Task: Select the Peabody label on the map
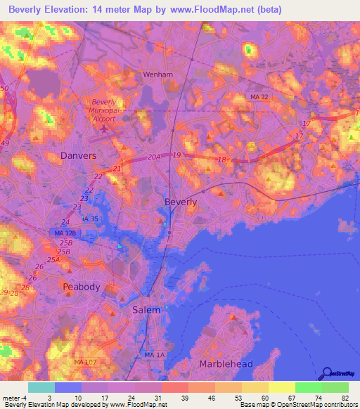pos(82,287)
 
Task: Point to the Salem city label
pos(146,310)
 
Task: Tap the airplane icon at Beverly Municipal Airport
pos(106,127)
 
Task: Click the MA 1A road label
pos(153,356)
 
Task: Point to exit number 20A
pos(155,159)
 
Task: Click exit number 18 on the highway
pos(221,160)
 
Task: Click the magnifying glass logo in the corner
pos(328,375)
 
